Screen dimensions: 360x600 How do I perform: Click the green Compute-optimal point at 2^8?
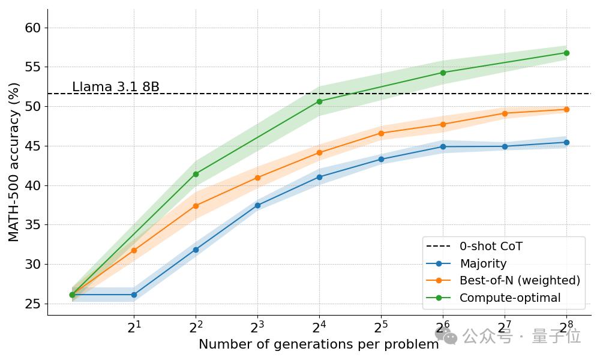[x=566, y=53]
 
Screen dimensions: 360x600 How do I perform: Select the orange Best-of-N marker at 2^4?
[x=319, y=152]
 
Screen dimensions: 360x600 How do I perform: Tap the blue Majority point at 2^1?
[x=134, y=295]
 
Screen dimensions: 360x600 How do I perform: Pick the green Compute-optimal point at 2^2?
[x=196, y=174]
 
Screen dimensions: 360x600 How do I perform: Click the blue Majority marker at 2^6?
[x=443, y=146]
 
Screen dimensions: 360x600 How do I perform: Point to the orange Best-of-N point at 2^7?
[x=505, y=113]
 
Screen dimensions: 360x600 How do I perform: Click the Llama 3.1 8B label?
[x=116, y=87]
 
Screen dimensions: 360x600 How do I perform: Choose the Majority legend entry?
[x=483, y=263]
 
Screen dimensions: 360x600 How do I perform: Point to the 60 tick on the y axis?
[x=33, y=28]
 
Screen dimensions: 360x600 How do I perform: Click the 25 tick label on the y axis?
[x=33, y=304]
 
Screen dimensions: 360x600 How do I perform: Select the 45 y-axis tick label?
[x=33, y=146]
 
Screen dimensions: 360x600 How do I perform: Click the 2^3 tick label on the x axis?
[x=257, y=327]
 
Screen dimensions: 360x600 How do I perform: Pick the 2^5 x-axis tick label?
[x=381, y=327]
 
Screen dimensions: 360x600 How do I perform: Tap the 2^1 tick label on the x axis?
[x=134, y=327]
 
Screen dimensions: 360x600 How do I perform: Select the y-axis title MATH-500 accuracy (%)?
[x=14, y=162]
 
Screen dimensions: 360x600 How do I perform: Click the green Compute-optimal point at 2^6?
[x=443, y=73]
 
